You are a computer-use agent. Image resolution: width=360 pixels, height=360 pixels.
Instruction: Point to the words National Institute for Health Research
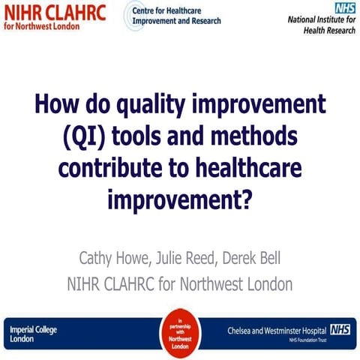pyautogui.click(x=323, y=25)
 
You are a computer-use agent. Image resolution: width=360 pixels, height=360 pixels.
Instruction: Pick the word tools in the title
pyautogui.click(x=158, y=138)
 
